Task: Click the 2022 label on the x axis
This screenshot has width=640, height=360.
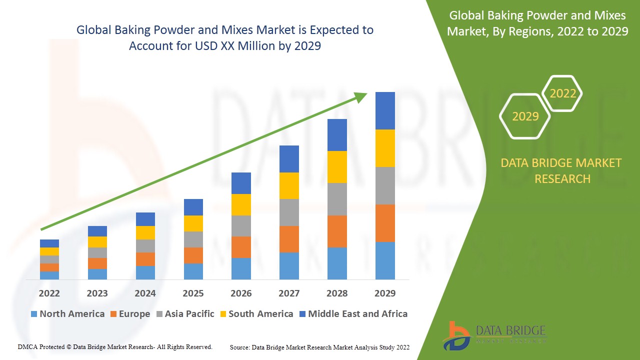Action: click(49, 293)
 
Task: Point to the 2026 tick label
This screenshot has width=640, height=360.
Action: click(241, 293)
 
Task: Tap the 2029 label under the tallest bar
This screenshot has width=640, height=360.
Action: click(385, 293)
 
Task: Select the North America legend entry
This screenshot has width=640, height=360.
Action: click(67, 314)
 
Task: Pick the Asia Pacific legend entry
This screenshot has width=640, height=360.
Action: click(185, 314)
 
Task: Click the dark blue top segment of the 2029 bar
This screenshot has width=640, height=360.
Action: click(385, 110)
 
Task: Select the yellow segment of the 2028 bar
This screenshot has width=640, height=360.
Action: click(337, 167)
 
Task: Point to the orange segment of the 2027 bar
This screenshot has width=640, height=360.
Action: click(289, 239)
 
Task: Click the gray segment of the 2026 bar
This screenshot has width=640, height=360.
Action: click(241, 226)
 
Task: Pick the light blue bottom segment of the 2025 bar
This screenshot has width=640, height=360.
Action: click(193, 271)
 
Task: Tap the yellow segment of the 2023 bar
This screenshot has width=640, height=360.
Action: click(97, 242)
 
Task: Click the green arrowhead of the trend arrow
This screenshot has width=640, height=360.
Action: click(361, 96)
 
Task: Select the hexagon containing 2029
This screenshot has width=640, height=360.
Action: click(525, 116)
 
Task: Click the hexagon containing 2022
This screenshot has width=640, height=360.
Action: click(562, 93)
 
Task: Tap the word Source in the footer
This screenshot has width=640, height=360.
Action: click(239, 347)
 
